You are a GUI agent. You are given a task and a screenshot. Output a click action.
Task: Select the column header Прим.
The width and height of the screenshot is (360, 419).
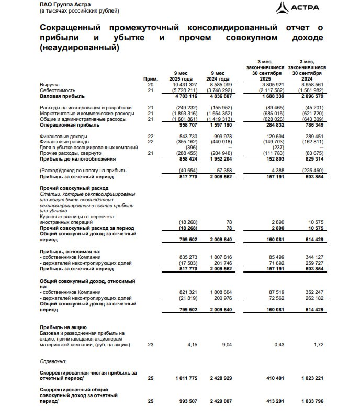(150, 78)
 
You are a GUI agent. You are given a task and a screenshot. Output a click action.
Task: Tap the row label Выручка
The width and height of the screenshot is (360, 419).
(50, 84)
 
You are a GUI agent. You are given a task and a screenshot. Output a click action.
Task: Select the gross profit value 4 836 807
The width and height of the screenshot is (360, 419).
(224, 96)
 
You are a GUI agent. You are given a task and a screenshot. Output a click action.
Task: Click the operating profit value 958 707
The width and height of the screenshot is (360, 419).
(186, 125)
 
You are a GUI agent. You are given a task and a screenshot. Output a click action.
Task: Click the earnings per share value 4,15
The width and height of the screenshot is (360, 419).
(192, 344)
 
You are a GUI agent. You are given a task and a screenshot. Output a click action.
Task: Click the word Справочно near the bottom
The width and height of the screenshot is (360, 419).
(53, 361)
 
